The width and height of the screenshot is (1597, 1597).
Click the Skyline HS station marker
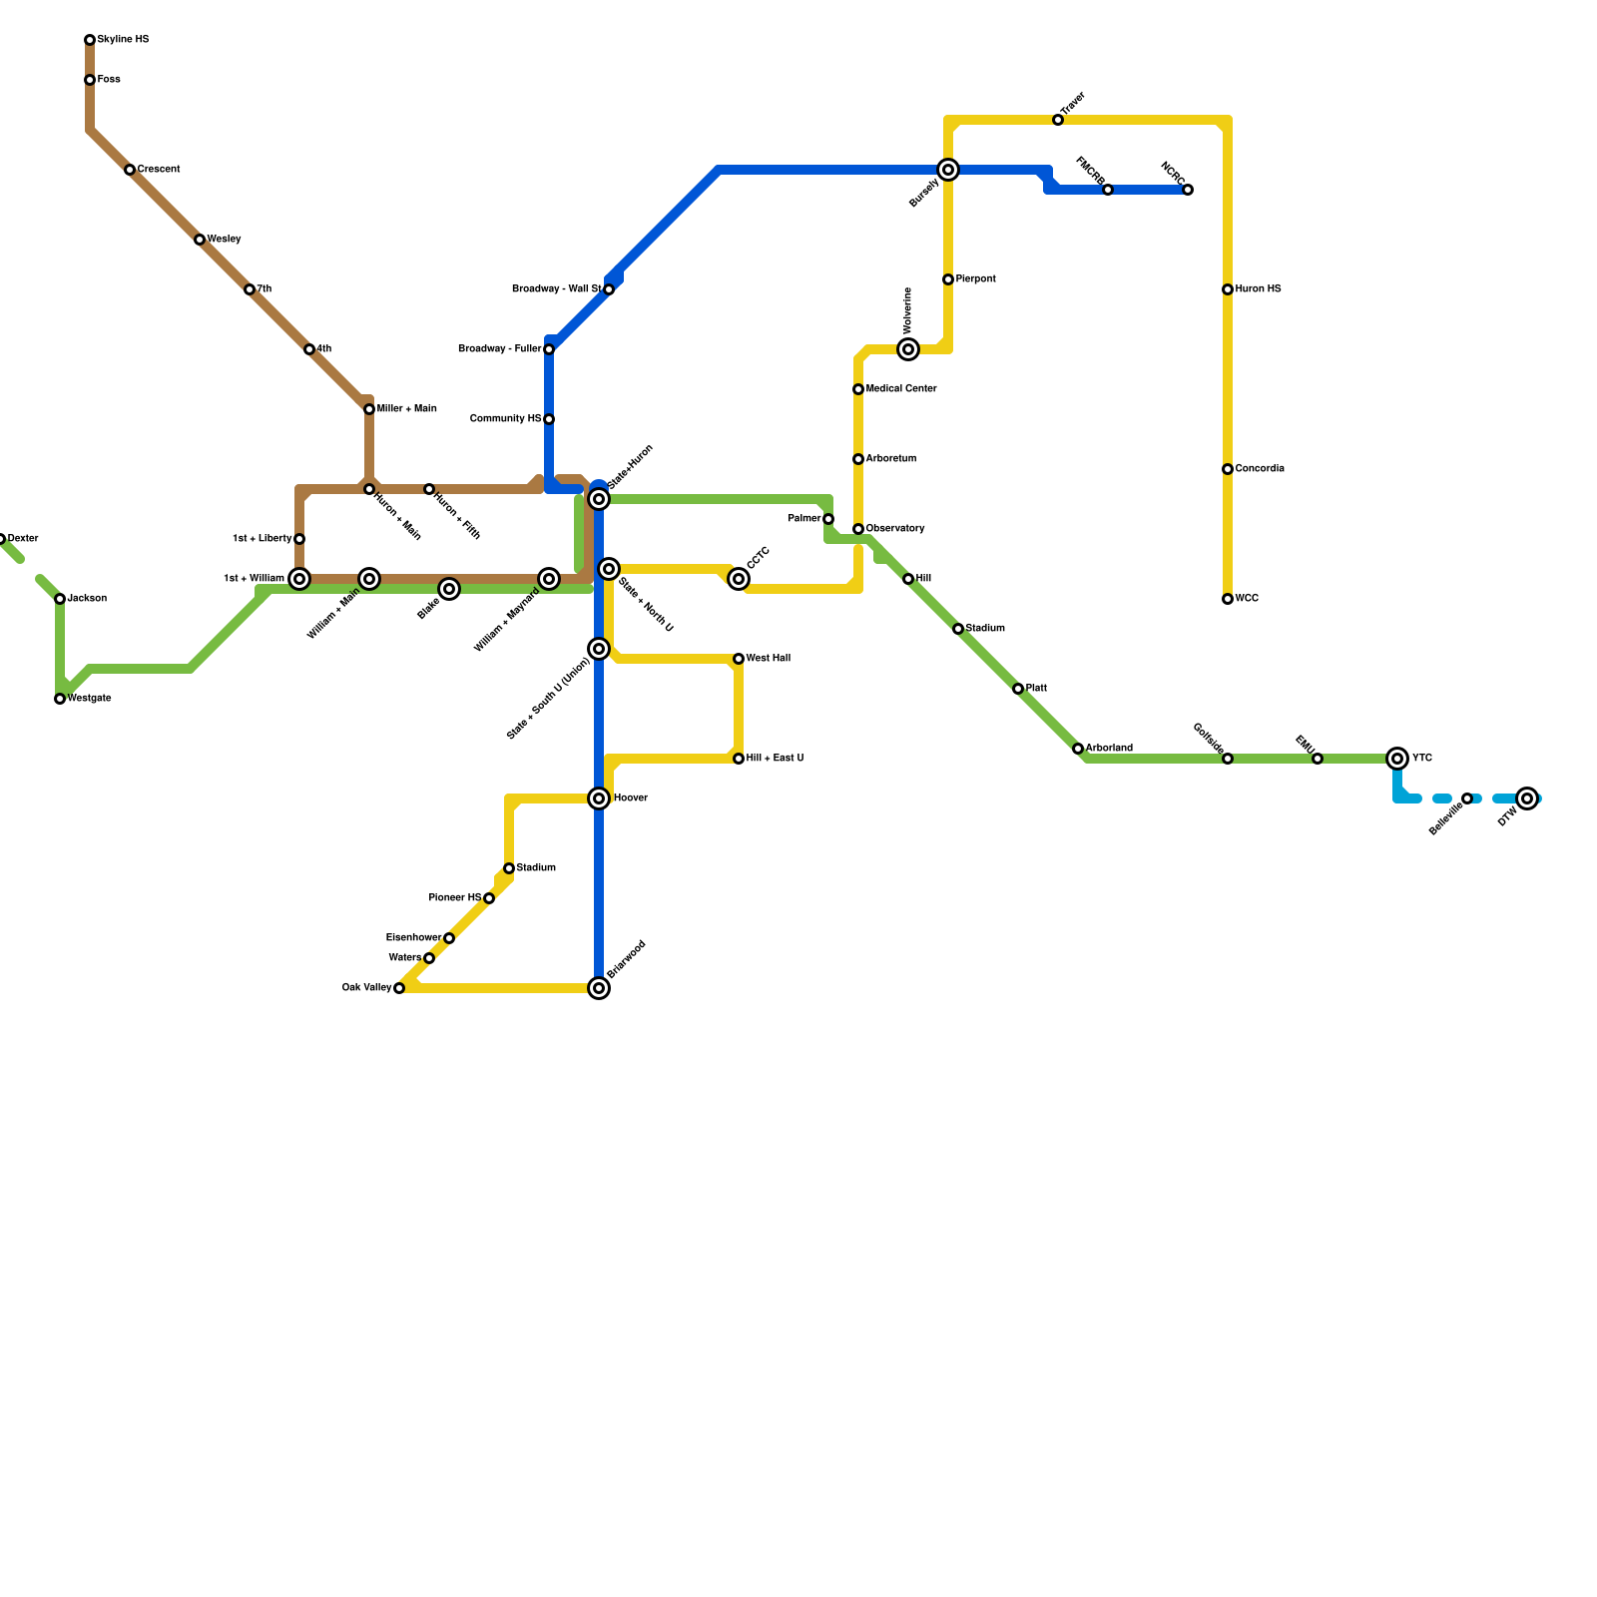point(90,40)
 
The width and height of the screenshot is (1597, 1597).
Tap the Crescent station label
point(159,170)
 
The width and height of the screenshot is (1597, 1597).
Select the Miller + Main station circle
point(369,409)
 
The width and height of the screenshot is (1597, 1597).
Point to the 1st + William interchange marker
point(299,579)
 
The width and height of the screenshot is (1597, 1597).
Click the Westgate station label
point(89,699)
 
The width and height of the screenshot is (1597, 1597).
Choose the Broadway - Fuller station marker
point(549,349)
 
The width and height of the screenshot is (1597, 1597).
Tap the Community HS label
point(505,419)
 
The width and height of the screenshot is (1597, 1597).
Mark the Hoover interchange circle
point(599,798)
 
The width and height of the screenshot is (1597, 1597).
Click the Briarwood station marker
point(599,988)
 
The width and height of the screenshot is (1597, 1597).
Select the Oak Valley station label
point(366,988)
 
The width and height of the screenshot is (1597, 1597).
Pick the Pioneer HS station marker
point(489,898)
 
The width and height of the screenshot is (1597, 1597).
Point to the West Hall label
point(768,659)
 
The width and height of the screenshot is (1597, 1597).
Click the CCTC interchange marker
point(739,579)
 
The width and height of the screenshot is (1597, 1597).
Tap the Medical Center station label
point(901,389)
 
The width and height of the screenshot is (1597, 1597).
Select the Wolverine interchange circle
point(908,349)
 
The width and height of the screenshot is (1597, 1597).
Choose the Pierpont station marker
point(948,279)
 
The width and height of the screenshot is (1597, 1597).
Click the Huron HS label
point(1258,289)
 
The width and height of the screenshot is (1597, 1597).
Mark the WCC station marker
point(1228,599)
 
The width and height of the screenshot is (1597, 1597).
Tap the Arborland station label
point(1109,749)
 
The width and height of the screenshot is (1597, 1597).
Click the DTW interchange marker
point(1527,798)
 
